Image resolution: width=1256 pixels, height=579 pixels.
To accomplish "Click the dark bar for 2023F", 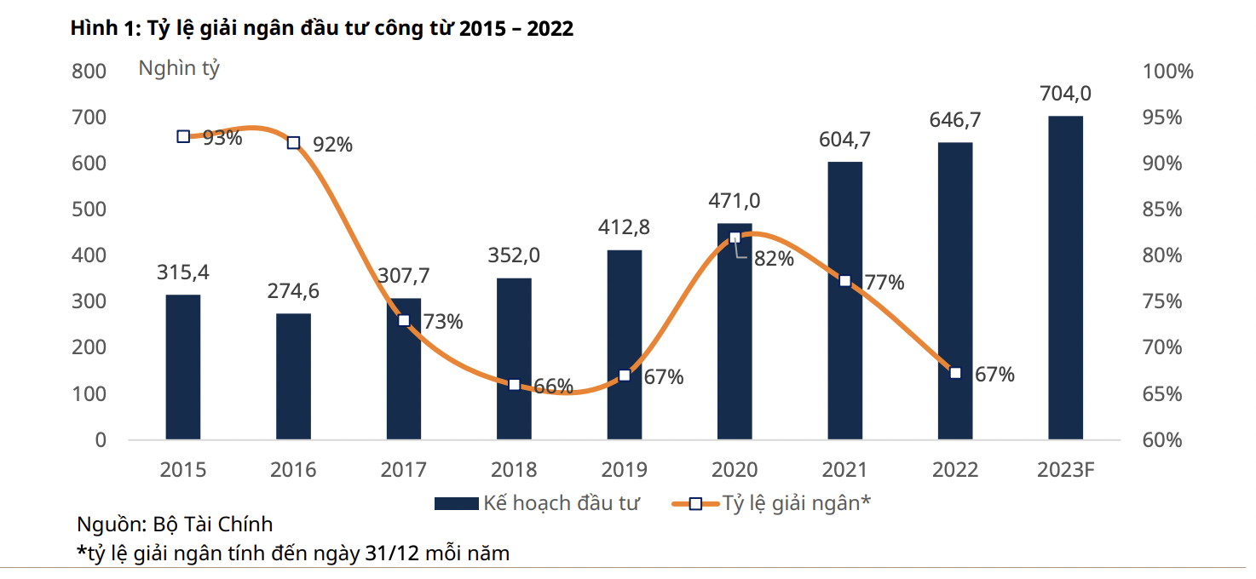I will click(x=1065, y=278).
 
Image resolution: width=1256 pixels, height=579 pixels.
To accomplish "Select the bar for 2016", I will click(x=293, y=376).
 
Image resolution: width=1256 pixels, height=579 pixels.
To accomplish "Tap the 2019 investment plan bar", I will click(x=625, y=345).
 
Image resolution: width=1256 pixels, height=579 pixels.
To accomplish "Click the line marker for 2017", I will click(x=404, y=321).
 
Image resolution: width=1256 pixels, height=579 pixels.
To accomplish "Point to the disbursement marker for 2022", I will click(x=955, y=373).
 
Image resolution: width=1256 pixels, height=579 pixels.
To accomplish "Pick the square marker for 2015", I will click(x=183, y=136).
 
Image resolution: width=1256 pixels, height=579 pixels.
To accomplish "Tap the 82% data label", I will click(x=774, y=259).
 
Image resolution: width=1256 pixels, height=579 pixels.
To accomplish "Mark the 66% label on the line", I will click(x=553, y=387).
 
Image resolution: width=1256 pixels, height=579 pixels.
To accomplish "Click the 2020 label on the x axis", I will click(x=735, y=470).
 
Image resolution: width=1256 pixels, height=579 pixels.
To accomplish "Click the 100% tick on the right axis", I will click(x=1167, y=72).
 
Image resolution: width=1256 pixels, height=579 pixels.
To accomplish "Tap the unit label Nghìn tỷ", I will click(x=179, y=69).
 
